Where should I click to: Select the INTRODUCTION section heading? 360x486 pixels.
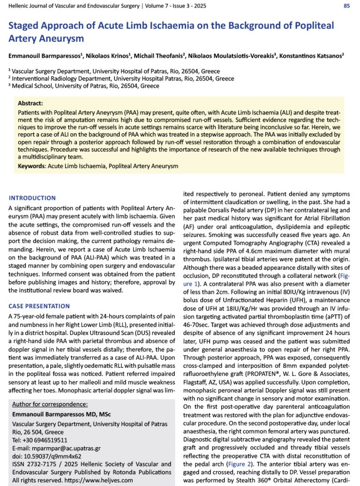click(32, 198)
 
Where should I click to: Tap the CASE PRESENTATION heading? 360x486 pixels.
click(39, 306)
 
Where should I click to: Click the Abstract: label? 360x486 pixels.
click(30, 103)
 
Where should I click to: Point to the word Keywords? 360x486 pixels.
click(31, 166)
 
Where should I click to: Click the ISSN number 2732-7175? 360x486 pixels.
click(41, 464)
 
